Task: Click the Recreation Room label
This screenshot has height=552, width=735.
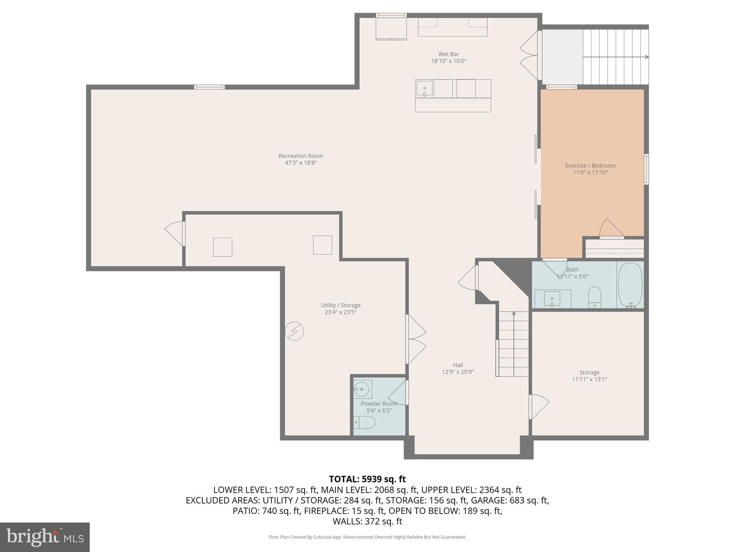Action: (x=301, y=156)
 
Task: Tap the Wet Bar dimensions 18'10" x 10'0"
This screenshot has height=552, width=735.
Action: (x=448, y=61)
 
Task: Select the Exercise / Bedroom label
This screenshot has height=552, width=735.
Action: (x=590, y=166)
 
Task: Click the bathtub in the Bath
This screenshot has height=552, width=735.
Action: (x=630, y=285)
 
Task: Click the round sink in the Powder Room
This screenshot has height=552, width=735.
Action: (x=362, y=389)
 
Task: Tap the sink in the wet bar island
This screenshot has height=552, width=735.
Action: (x=425, y=88)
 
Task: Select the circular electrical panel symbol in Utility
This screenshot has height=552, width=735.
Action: (x=294, y=331)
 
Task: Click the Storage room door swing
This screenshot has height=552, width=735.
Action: (x=539, y=406)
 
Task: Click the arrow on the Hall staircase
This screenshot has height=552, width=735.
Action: (x=514, y=314)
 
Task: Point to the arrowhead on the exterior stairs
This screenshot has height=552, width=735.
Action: (x=647, y=57)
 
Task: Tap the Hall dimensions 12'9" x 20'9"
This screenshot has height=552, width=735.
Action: (x=458, y=372)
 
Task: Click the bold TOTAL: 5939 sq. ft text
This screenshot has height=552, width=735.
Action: (x=367, y=479)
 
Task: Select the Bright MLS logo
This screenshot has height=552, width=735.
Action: (x=45, y=537)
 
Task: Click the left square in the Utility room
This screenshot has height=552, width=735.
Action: (x=223, y=247)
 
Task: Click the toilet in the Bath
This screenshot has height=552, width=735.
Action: (x=595, y=296)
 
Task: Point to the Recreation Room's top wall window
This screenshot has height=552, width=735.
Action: (x=210, y=87)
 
